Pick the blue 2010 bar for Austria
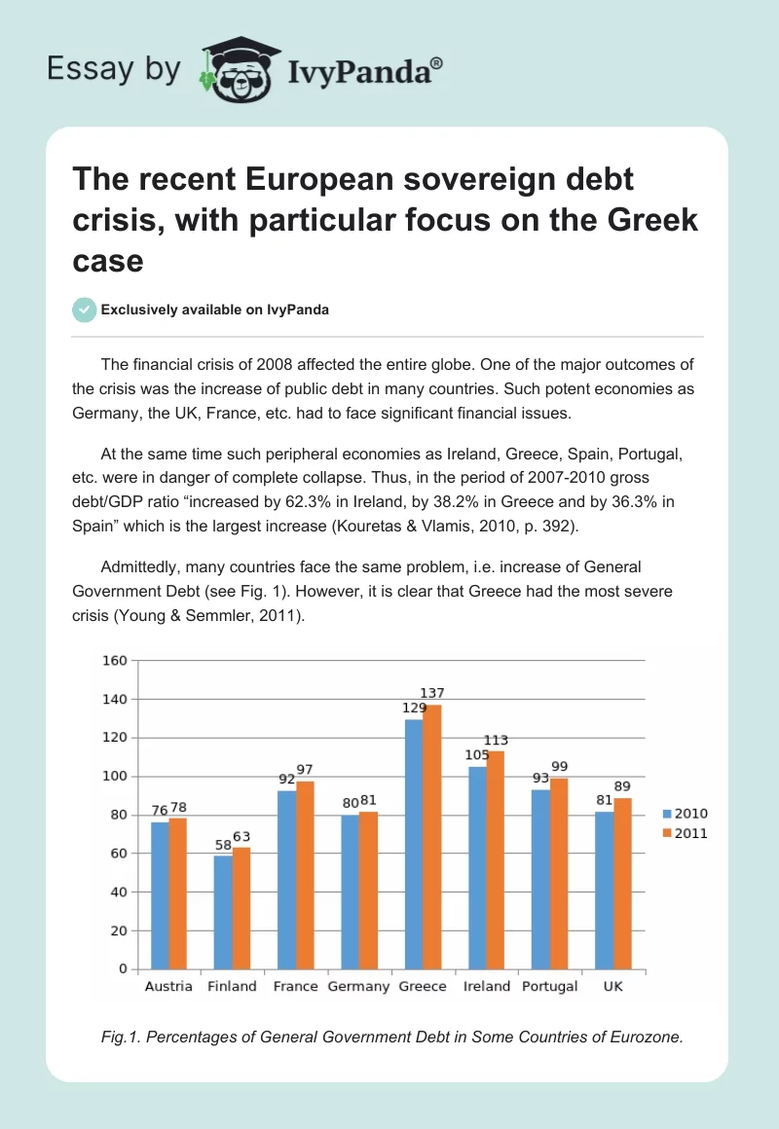point(159,895)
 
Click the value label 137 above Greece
point(430,693)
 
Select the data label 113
point(496,740)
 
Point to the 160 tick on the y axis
point(115,661)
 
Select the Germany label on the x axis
point(359,986)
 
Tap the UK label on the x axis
point(613,986)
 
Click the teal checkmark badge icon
point(84,310)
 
